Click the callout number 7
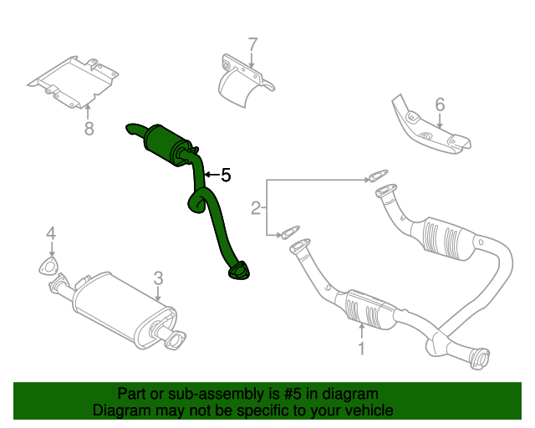click(x=253, y=43)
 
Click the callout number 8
click(x=89, y=128)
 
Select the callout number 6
click(x=440, y=104)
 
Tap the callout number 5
click(x=225, y=176)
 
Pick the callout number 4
click(x=51, y=233)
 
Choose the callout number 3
click(x=158, y=278)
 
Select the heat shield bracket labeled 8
click(x=74, y=80)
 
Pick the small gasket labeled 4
click(x=49, y=267)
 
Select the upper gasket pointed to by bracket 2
click(x=378, y=176)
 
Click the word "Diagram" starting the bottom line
click(x=120, y=410)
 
